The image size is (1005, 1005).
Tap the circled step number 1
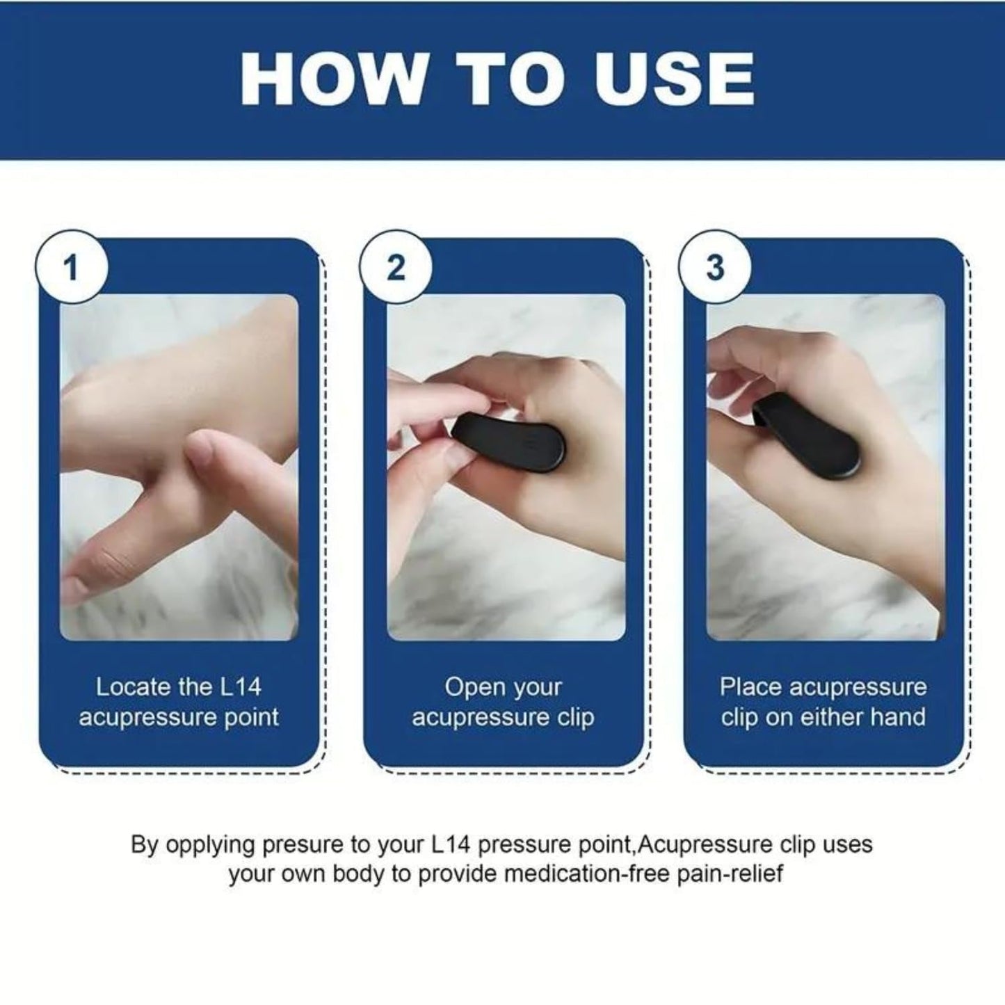coord(70,268)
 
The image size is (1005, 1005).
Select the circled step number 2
coord(396,268)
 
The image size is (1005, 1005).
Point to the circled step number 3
coord(715,268)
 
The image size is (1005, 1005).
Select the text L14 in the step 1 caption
coord(240,687)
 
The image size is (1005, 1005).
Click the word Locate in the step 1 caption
coord(133,687)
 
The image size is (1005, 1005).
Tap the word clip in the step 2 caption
coord(575,717)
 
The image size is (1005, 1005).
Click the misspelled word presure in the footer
coord(304,846)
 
